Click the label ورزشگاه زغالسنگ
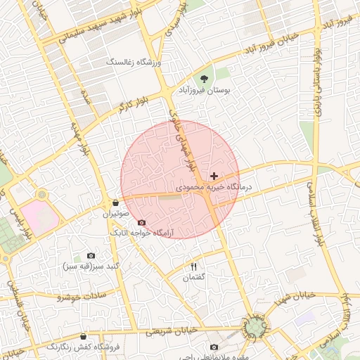click(x=134, y=63)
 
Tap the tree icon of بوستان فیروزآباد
click(x=204, y=79)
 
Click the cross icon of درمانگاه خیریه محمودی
click(x=214, y=175)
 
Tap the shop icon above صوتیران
click(x=115, y=202)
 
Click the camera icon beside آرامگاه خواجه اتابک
click(x=141, y=222)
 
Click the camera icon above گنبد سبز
click(x=91, y=256)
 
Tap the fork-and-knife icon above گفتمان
click(x=193, y=266)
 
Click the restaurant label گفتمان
click(x=193, y=278)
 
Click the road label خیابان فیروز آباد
click(x=271, y=44)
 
